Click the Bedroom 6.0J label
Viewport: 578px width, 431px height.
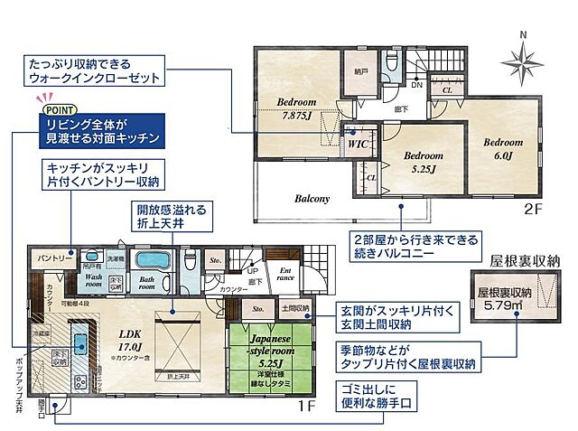click(502, 149)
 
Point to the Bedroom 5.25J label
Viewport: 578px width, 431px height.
click(420, 162)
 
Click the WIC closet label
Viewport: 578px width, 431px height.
click(359, 144)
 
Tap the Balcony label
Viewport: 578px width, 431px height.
click(311, 199)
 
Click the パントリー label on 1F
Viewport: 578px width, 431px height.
click(55, 258)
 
